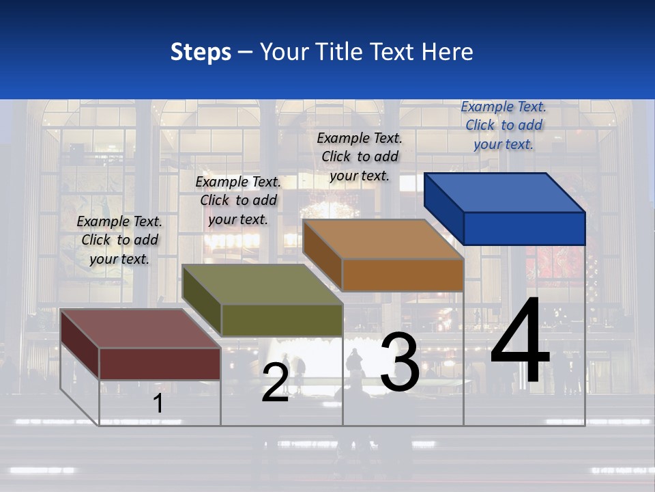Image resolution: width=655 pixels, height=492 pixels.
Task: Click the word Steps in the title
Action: coord(201,52)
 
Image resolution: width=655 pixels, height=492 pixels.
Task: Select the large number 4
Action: coord(520,342)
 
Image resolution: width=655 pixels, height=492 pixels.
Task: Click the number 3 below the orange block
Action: coord(400,362)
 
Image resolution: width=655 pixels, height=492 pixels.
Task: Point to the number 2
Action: coord(276,383)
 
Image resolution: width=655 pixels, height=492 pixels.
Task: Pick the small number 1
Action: coord(158,403)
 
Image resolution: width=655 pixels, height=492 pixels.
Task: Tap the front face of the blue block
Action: coord(524,228)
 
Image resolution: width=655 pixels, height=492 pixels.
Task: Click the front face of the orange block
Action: coord(403,275)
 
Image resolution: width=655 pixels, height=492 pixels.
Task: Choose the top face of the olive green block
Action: coord(262,284)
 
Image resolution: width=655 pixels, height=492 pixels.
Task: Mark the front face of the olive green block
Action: coord(281,320)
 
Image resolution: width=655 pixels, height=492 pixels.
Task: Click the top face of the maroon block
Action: coord(141,328)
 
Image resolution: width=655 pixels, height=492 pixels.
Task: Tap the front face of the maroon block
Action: coord(160,364)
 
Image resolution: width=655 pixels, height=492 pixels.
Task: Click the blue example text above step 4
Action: coord(504,125)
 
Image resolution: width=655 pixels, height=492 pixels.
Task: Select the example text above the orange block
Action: coord(360,156)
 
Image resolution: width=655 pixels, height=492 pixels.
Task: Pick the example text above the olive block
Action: coord(238,200)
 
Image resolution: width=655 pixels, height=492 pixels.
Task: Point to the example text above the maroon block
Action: coord(119,240)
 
